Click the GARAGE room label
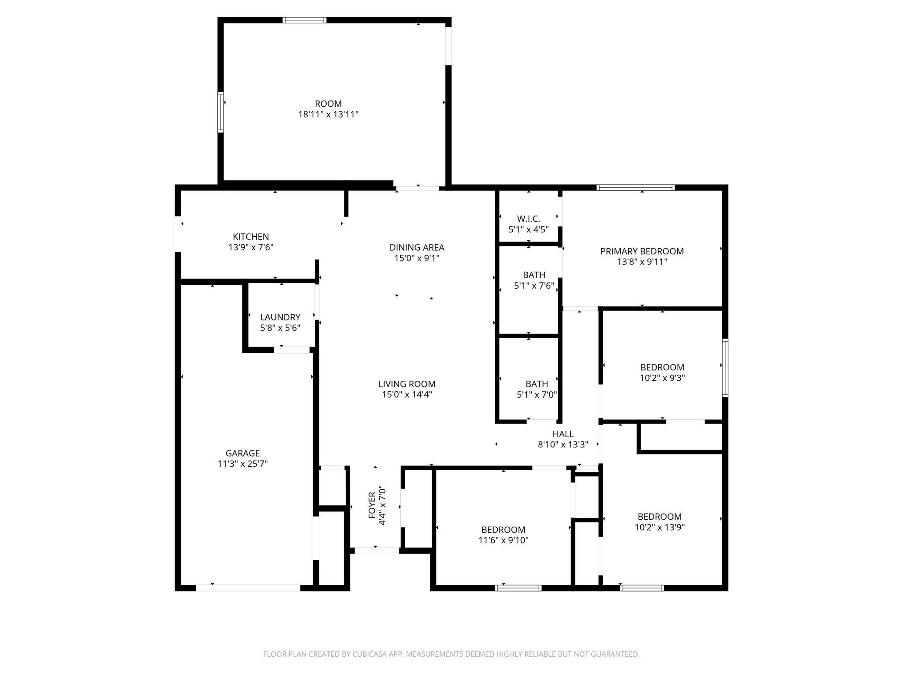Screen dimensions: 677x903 click(x=243, y=453)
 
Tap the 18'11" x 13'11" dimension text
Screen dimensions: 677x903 click(x=328, y=115)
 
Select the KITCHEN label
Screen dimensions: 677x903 click(x=250, y=237)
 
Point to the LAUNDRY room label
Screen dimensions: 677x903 click(x=280, y=317)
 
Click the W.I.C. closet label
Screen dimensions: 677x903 click(x=528, y=219)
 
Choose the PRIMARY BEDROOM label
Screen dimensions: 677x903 click(x=642, y=251)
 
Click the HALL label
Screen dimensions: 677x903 click(x=563, y=434)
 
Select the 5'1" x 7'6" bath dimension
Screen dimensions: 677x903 click(x=534, y=286)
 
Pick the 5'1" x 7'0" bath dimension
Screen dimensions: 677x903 click(x=537, y=394)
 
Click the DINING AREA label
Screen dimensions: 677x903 click(x=417, y=248)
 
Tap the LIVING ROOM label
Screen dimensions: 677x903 click(x=407, y=384)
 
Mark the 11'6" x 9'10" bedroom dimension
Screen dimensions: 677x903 click(x=503, y=540)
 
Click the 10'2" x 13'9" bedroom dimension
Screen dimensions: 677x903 click(x=659, y=527)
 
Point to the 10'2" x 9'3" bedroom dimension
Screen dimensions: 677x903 click(x=662, y=378)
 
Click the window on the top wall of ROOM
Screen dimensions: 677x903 click(x=304, y=20)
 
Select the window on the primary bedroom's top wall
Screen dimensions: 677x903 click(x=635, y=188)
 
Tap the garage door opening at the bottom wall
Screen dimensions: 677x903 click(x=248, y=588)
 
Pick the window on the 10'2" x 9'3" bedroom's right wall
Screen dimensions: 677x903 click(x=724, y=368)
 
